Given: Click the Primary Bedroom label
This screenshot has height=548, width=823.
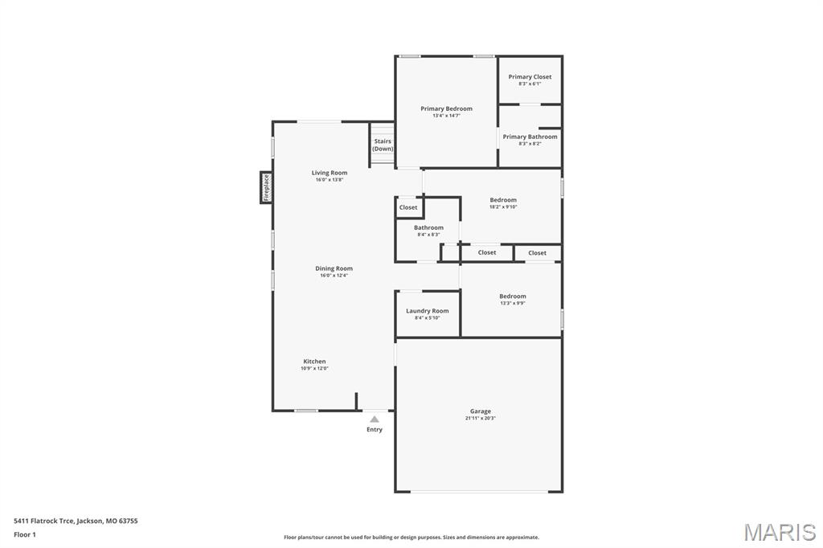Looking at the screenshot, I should tap(446, 108).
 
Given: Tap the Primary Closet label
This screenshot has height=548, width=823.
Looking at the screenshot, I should tap(530, 77).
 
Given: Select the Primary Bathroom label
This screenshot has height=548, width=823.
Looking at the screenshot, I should tap(530, 137).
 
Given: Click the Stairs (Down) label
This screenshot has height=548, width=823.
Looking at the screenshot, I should tap(383, 145).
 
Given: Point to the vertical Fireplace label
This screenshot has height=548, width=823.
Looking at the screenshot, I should tap(266, 187).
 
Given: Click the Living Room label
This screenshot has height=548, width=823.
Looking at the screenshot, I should tap(330, 173).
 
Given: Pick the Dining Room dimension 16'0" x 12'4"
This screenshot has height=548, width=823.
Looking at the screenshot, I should tap(334, 276).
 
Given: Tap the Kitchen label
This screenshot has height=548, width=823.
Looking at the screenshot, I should tap(314, 362).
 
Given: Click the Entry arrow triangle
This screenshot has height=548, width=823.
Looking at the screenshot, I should tap(375, 419).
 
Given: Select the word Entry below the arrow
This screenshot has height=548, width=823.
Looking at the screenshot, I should tap(375, 430).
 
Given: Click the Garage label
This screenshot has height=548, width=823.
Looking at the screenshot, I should tap(481, 411).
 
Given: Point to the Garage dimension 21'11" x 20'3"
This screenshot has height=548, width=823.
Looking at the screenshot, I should tap(481, 419).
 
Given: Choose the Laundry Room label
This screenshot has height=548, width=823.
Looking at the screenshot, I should tap(427, 311).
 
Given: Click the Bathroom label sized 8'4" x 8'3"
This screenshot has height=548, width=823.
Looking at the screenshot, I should tap(428, 227).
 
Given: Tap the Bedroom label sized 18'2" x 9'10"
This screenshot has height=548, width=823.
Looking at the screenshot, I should tap(503, 200).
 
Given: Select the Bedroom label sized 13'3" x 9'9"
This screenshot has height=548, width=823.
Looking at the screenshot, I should tap(512, 296).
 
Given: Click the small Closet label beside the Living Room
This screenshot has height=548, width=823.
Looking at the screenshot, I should tap(408, 207).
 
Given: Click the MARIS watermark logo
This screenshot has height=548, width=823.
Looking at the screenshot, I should tap(780, 532).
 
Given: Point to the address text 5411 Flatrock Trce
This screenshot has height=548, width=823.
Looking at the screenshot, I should tap(45, 521).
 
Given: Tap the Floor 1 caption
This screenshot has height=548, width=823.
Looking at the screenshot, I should tap(25, 534).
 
